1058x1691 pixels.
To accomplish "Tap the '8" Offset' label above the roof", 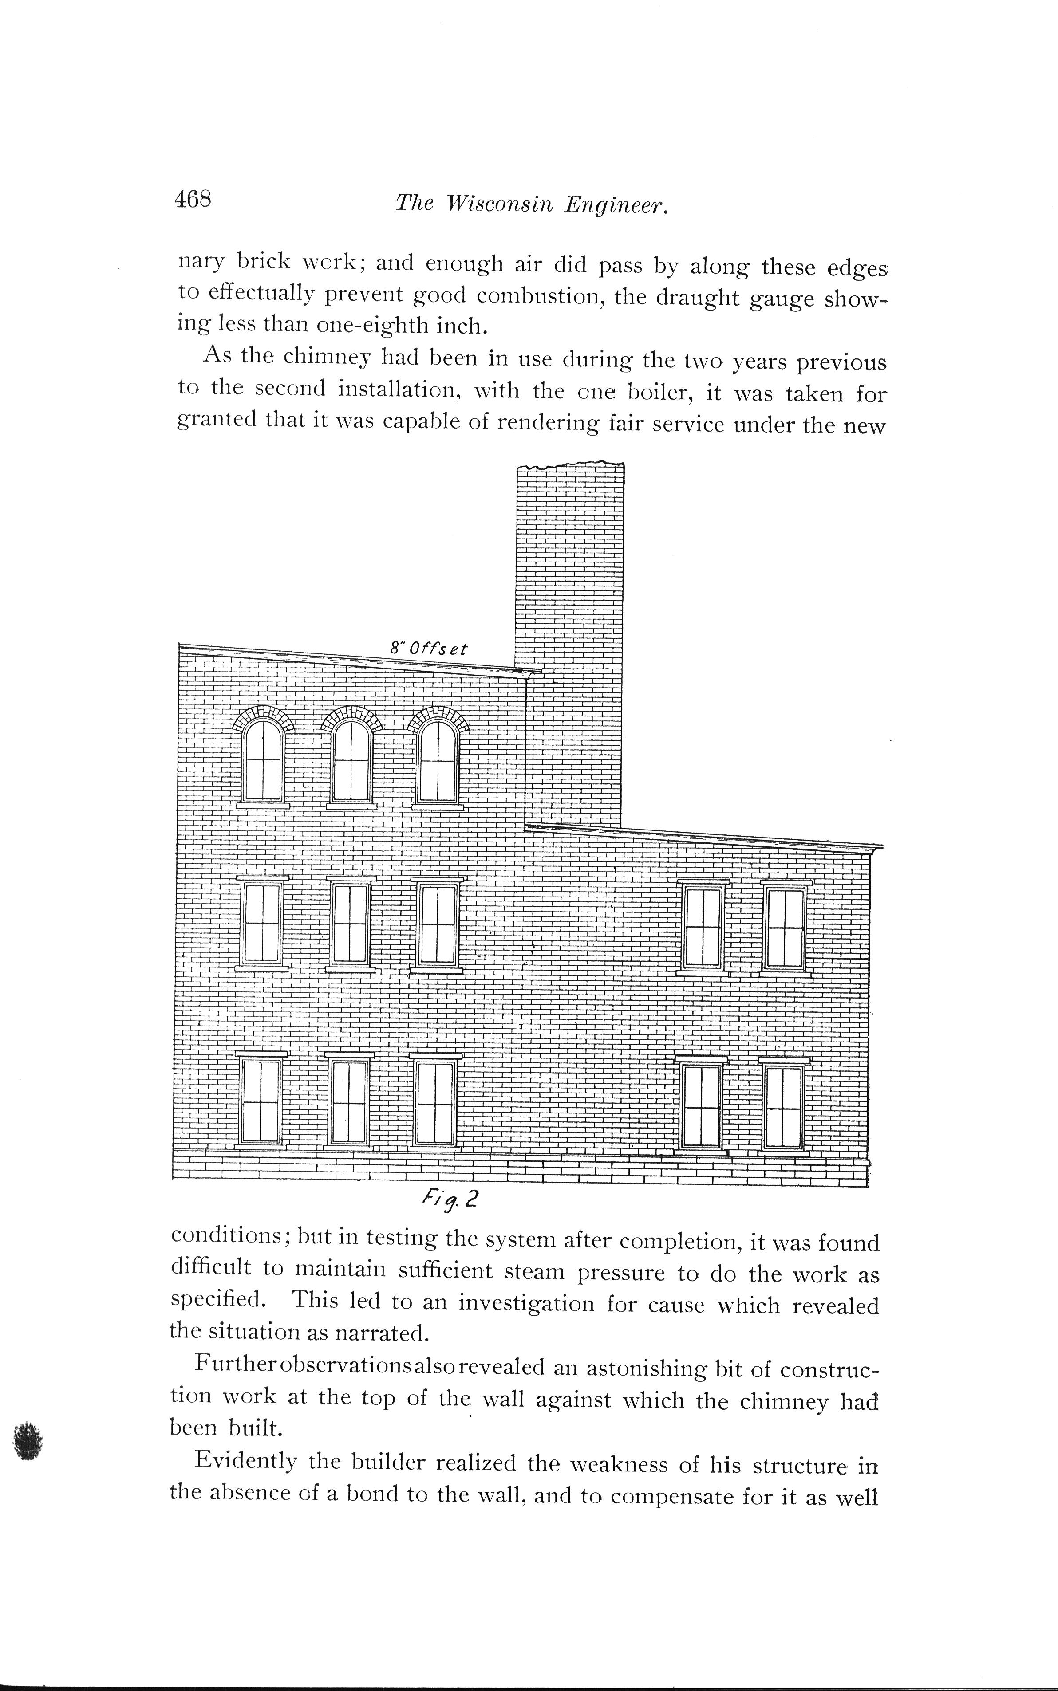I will (429, 648).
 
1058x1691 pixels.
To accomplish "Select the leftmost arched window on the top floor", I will (263, 759).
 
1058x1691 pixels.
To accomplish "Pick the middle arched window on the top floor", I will (351, 759).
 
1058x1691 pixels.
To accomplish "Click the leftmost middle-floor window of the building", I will (262, 924).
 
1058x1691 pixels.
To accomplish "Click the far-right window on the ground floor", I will (783, 1108).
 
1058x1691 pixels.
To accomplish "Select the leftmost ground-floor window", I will (261, 1102).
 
